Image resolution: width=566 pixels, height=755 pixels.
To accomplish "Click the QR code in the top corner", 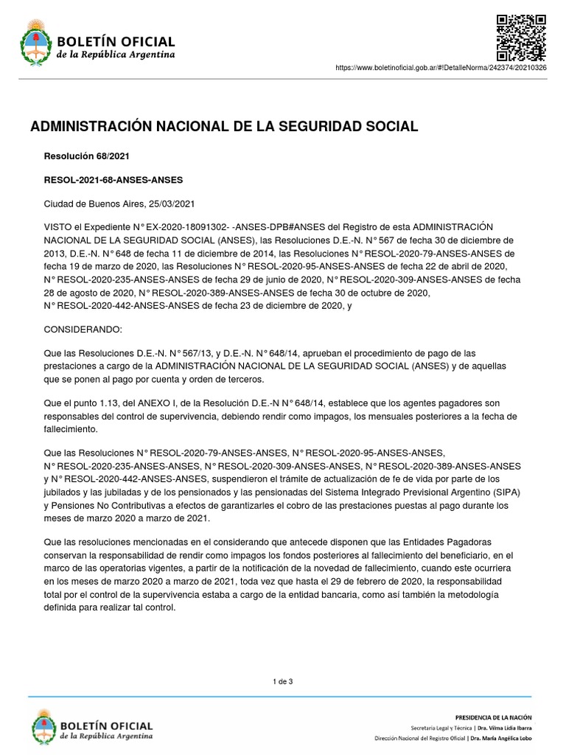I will point(521,38).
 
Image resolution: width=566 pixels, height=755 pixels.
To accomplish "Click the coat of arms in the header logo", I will point(33,41).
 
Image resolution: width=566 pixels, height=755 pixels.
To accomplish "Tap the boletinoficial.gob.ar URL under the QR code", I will point(451,68).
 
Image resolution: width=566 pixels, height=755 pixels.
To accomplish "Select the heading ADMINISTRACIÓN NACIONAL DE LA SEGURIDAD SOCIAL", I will point(224,127).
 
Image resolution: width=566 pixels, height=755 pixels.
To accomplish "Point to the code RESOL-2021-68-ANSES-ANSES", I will point(113,180).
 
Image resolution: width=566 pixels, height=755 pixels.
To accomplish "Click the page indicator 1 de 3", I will point(283,681).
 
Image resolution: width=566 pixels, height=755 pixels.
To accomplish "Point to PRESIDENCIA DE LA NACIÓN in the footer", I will point(494,717).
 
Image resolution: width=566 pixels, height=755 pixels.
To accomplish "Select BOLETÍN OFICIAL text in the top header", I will point(116,41).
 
